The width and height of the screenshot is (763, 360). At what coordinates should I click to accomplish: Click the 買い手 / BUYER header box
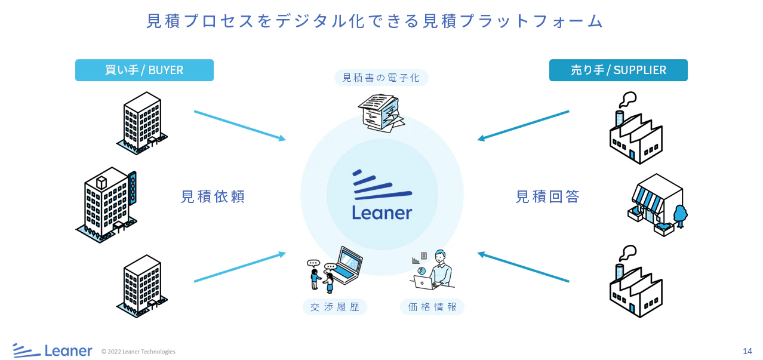[x=144, y=70]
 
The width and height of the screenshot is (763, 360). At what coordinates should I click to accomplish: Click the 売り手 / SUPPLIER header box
[x=618, y=70]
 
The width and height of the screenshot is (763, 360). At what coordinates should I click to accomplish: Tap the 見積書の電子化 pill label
[x=381, y=78]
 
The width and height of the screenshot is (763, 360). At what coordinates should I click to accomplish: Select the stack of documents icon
[x=381, y=112]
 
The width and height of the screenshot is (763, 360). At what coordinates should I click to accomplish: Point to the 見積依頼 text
[x=213, y=196]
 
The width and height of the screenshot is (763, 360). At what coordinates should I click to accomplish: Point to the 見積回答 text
[x=547, y=196]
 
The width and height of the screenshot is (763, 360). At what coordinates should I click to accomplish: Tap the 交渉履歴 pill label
[x=334, y=307]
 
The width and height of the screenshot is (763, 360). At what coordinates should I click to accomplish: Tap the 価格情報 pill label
[x=432, y=307]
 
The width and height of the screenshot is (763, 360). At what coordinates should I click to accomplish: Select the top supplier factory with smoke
[x=635, y=131]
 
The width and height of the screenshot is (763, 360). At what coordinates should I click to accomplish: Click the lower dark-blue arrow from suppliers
[x=523, y=267]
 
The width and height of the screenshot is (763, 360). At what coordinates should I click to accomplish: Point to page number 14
[x=747, y=351]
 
